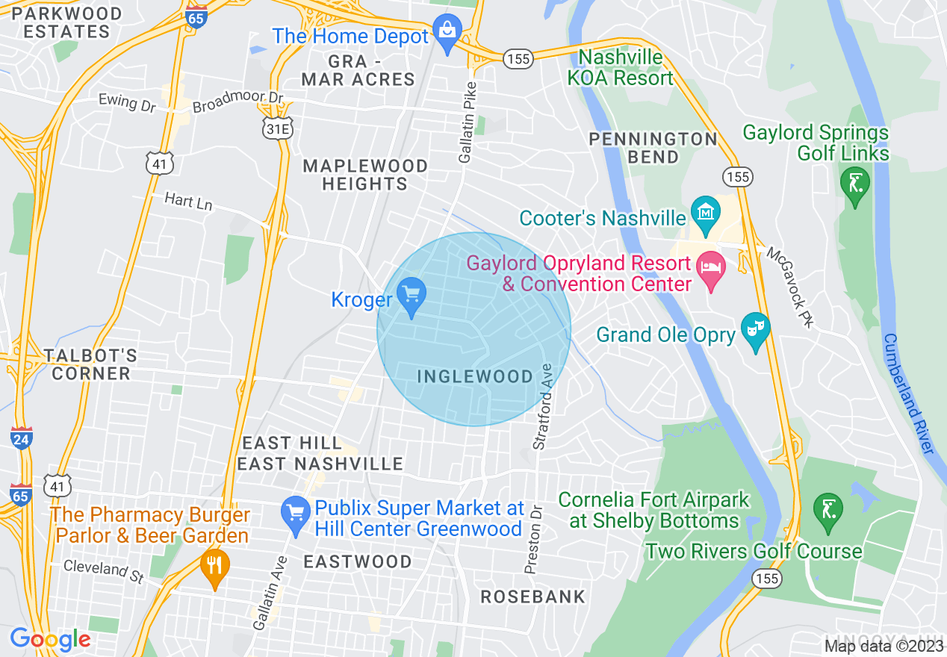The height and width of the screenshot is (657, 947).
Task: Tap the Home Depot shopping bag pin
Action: (x=447, y=33)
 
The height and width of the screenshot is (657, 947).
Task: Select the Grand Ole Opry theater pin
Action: (x=755, y=331)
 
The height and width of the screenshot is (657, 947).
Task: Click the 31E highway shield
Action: (x=276, y=130)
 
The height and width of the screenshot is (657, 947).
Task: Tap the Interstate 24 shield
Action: (x=21, y=438)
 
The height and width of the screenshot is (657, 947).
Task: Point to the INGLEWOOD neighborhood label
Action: (x=475, y=376)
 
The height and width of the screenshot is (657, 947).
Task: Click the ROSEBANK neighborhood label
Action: (x=533, y=597)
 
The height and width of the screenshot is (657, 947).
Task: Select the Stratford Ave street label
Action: (x=542, y=406)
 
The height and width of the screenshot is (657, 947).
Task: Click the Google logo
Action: (x=49, y=639)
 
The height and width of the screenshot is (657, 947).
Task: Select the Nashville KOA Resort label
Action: (x=626, y=67)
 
